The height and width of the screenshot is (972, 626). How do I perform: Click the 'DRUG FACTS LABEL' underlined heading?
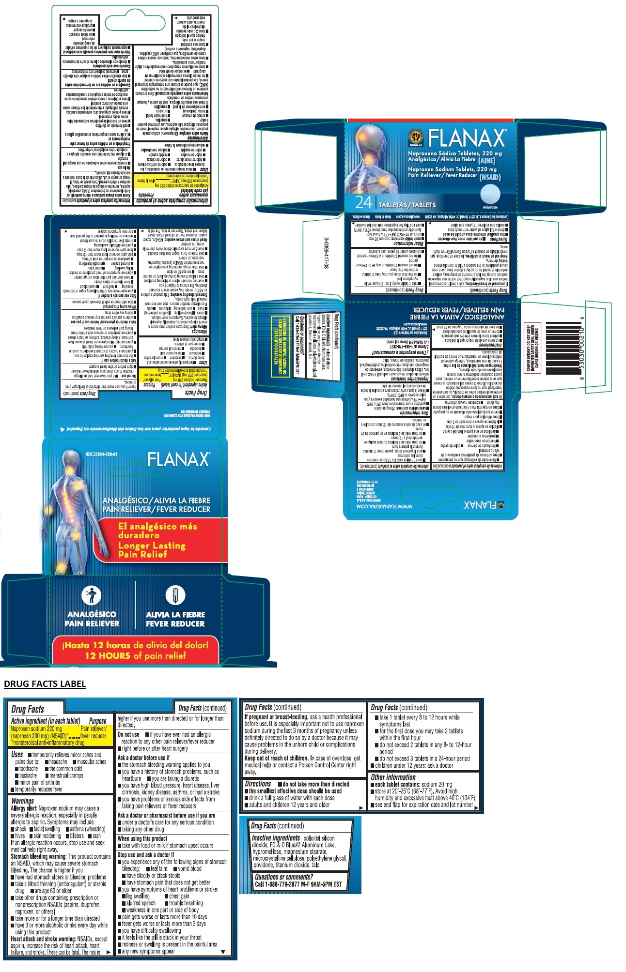pyautogui.click(x=45, y=683)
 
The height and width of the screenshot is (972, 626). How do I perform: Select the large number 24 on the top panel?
pyautogui.click(x=363, y=203)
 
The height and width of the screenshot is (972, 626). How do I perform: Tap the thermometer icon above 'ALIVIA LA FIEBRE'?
pyautogui.click(x=175, y=595)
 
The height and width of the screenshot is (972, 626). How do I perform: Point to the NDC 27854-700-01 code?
pyautogui.click(x=101, y=454)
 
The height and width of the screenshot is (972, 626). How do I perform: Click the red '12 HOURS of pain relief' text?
pyautogui.click(x=135, y=656)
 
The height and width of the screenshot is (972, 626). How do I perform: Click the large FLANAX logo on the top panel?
pyautogui.click(x=466, y=138)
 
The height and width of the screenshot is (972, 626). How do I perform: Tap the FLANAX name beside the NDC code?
pyautogui.click(x=178, y=459)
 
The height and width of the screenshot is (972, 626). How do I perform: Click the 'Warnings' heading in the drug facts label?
pyautogui.click(x=22, y=801)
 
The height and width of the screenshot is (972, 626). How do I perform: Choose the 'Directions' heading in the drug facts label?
pyautogui.click(x=257, y=784)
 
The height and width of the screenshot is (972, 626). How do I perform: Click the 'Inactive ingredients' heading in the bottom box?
pyautogui.click(x=276, y=838)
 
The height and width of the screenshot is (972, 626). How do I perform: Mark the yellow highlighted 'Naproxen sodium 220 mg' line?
pyautogui.click(x=37, y=729)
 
